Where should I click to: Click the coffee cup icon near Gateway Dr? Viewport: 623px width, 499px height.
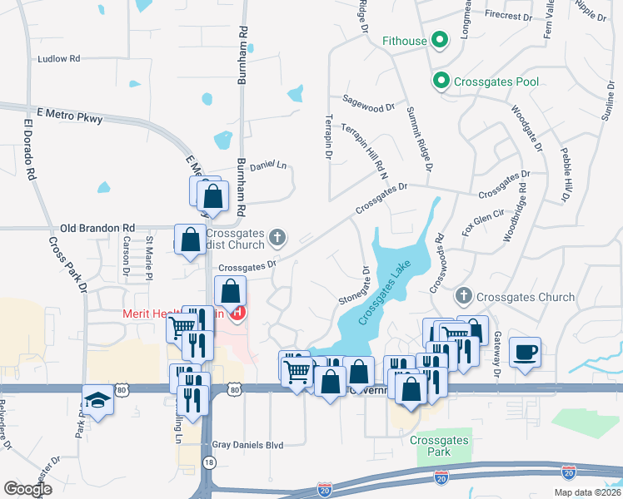[x=525, y=352]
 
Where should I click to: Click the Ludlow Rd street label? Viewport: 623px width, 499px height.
[x=58, y=59]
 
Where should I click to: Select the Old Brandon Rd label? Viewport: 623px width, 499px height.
[x=97, y=227]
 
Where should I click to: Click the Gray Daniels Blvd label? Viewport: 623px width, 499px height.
[x=248, y=445]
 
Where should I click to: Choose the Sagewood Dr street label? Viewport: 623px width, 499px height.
[x=368, y=108]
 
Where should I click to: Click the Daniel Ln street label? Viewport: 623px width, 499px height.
[x=267, y=165]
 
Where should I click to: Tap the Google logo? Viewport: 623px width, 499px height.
[x=27, y=489]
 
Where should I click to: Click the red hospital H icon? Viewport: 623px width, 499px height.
[x=238, y=314]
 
